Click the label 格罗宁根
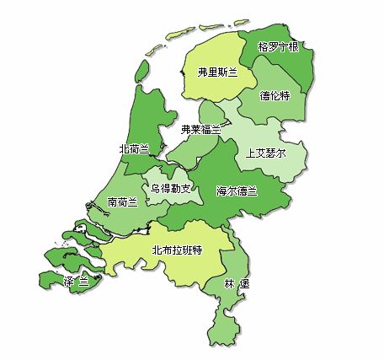click(x=279, y=46)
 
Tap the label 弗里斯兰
click(x=218, y=73)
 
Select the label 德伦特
click(x=275, y=96)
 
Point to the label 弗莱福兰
click(x=201, y=129)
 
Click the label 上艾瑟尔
click(x=266, y=154)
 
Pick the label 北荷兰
click(x=135, y=148)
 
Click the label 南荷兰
click(x=123, y=202)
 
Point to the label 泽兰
click(x=76, y=281)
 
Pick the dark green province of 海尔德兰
click(x=211, y=211)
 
